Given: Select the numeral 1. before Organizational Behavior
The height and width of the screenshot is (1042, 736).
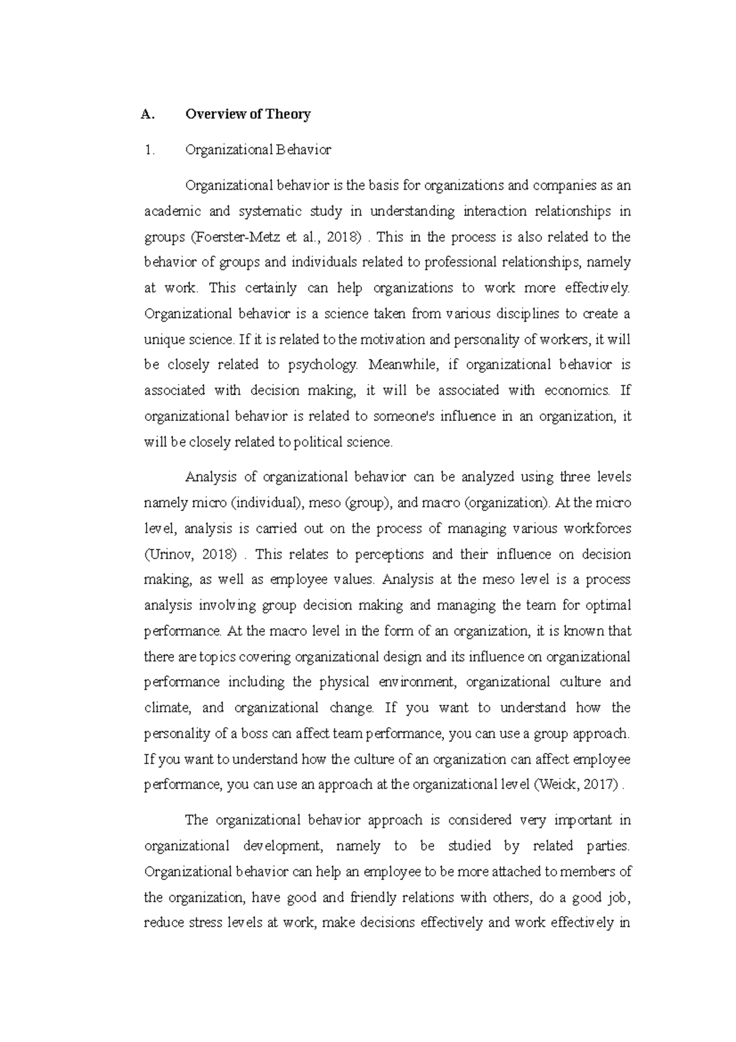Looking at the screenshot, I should (x=147, y=150).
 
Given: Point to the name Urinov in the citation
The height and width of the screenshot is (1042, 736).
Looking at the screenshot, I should (x=167, y=554).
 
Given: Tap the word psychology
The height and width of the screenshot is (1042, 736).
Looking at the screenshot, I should (x=321, y=365).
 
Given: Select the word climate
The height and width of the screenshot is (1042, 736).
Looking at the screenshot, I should (x=167, y=708).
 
